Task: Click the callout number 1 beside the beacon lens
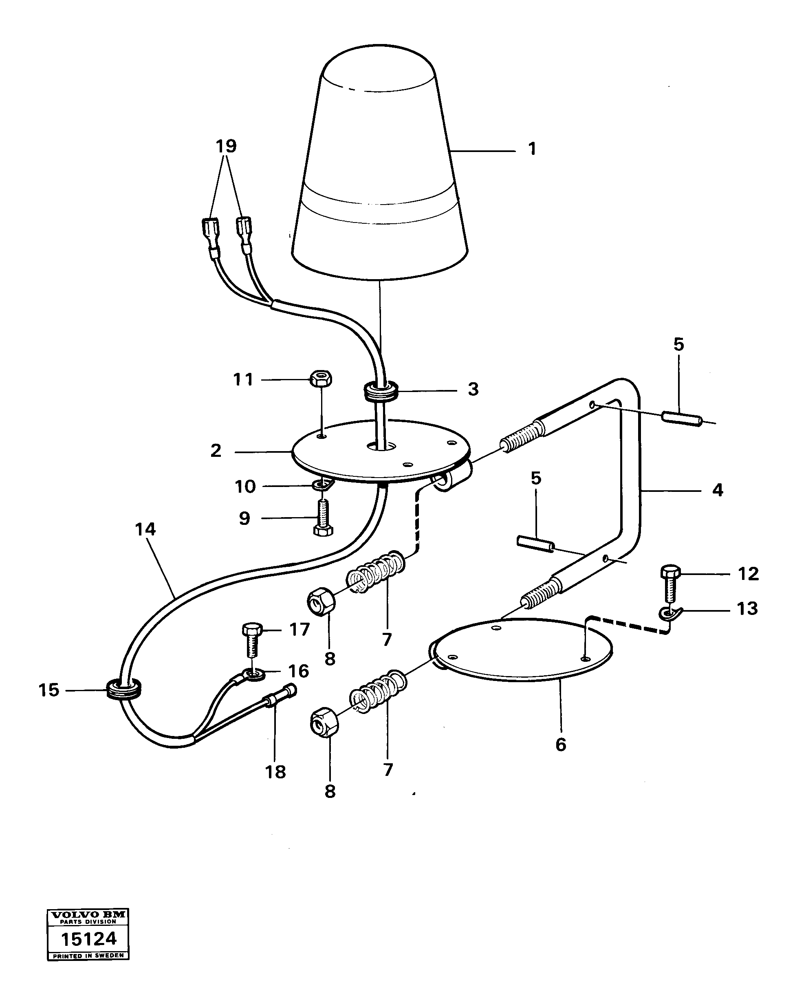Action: [532, 149]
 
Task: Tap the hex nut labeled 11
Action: [320, 379]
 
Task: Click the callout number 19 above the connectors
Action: [226, 146]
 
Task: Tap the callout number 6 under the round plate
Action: [561, 745]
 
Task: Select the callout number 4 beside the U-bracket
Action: [717, 490]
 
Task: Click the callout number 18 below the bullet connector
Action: [275, 772]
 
